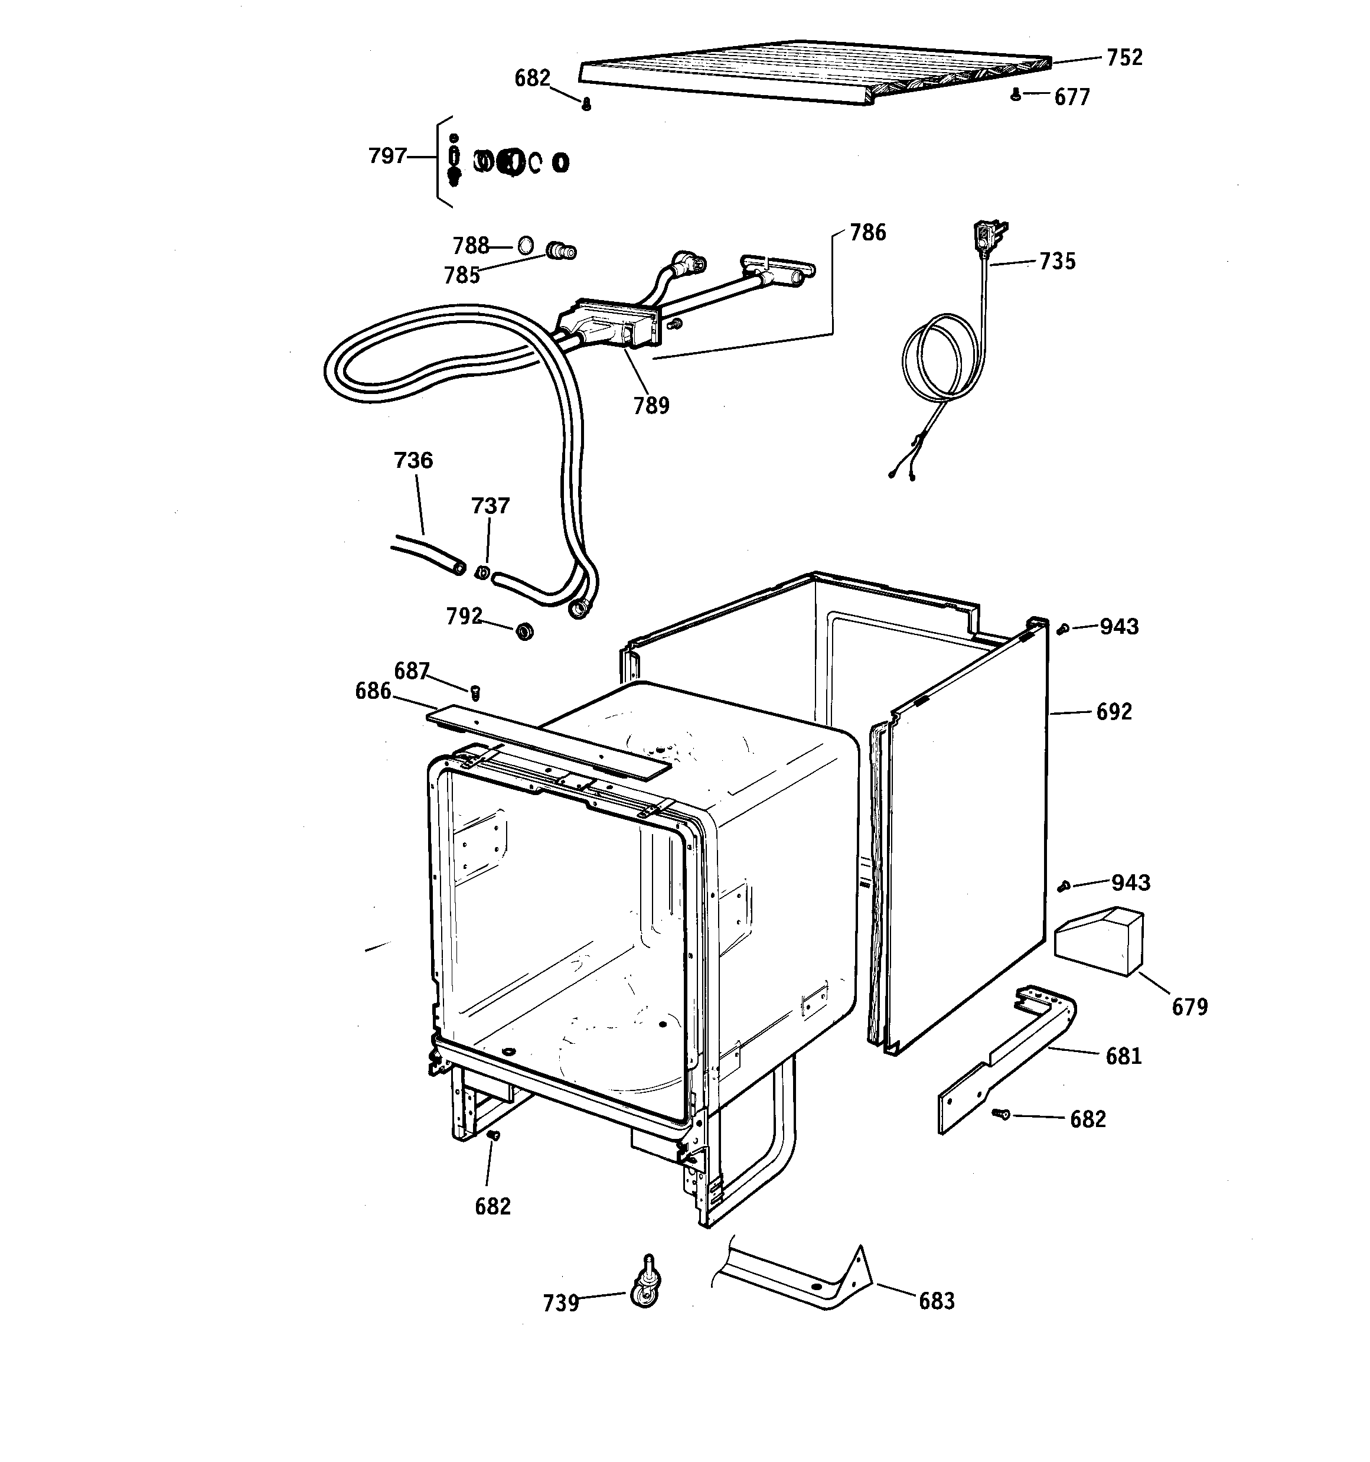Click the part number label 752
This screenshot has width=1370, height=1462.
(1124, 57)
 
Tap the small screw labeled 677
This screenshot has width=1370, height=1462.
(1016, 94)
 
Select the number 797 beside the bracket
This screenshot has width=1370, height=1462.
(387, 156)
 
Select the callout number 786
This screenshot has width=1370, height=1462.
(869, 232)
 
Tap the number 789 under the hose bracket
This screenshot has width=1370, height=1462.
(651, 405)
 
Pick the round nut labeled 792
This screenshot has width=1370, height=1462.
(524, 630)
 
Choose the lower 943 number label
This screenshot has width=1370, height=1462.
(1131, 883)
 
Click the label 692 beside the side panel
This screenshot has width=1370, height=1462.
(1114, 711)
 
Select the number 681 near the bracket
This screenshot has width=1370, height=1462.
(1124, 1056)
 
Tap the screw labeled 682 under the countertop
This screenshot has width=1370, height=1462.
(586, 105)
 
